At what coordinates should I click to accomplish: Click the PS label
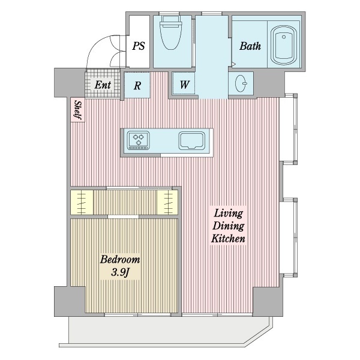pyautogui.click(x=139, y=46)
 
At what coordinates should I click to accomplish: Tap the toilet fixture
pyautogui.click(x=170, y=32)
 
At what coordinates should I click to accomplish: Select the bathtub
pyautogui.click(x=283, y=46)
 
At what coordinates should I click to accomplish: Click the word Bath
pyautogui.click(x=250, y=46)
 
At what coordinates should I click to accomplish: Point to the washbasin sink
pyautogui.click(x=241, y=83)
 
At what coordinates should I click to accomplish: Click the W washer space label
pyautogui.click(x=184, y=85)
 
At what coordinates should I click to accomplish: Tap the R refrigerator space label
pyautogui.click(x=137, y=85)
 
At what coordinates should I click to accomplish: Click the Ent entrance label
pyautogui.click(x=103, y=85)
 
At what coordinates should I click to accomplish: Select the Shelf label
pyautogui.click(x=78, y=110)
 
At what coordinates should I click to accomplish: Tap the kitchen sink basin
pyautogui.click(x=191, y=140)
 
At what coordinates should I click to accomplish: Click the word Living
pyautogui.click(x=228, y=213)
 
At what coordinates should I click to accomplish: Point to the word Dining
pyautogui.click(x=228, y=226)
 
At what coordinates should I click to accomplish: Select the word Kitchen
pyautogui.click(x=228, y=239)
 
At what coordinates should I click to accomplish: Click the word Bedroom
pyautogui.click(x=120, y=259)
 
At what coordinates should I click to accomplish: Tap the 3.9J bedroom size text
pyautogui.click(x=120, y=272)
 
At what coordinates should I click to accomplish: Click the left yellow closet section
pyautogui.click(x=82, y=203)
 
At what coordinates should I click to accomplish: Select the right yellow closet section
pyautogui.click(x=168, y=203)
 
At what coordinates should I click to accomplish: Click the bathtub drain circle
pyautogui.click(x=284, y=37)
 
